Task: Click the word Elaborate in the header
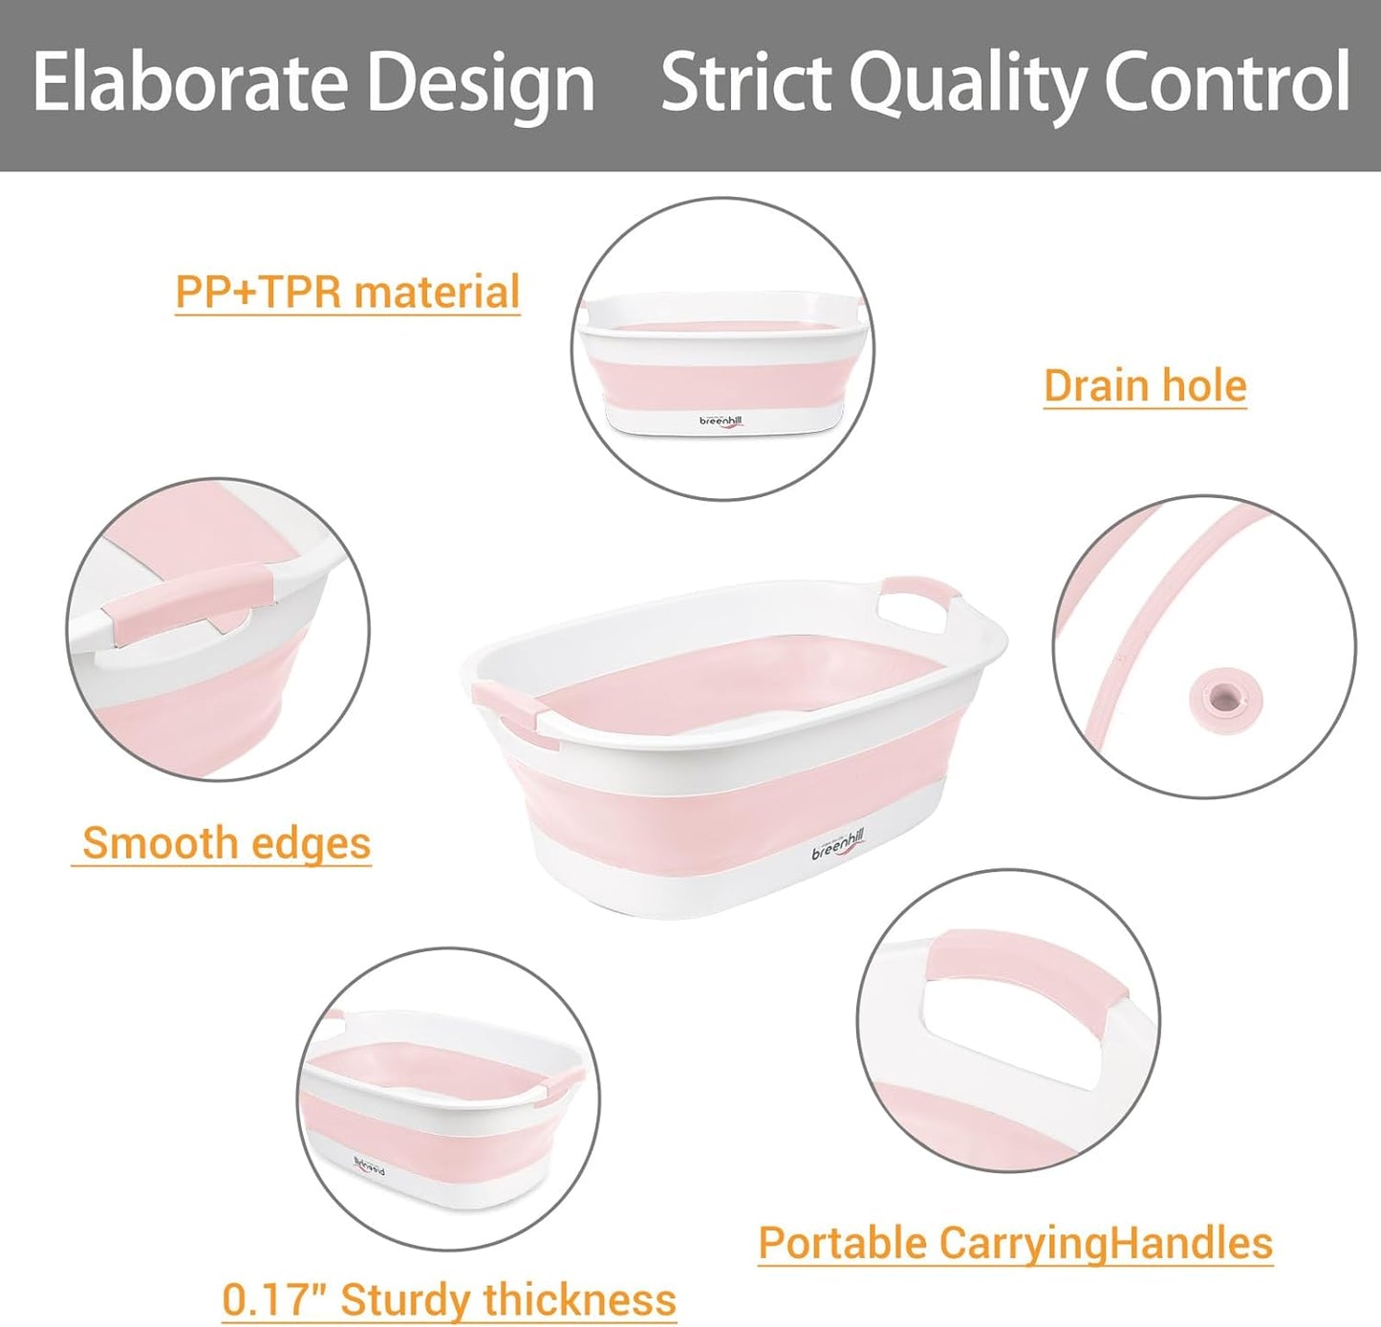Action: point(187,82)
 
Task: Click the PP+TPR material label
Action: point(348,291)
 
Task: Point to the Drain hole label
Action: point(1145,385)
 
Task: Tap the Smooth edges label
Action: point(226,843)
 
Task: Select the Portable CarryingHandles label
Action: point(1015,1243)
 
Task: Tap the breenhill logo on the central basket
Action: point(838,845)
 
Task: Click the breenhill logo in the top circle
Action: point(721,422)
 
